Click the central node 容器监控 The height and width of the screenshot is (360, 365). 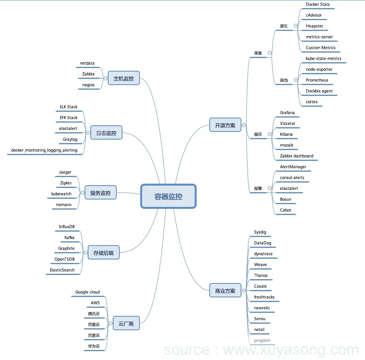coord(168,196)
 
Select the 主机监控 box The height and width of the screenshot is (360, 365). coord(124,78)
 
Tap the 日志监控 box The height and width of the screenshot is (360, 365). coord(106,133)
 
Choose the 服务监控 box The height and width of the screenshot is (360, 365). coord(100,193)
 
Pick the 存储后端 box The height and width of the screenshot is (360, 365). coord(104,253)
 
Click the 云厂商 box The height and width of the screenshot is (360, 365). coord(126,324)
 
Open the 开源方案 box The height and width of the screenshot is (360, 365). coord(225,125)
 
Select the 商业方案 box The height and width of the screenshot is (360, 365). coord(225,291)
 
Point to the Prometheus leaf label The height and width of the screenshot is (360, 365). coord(317,80)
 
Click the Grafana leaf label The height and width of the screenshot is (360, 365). coord(287,113)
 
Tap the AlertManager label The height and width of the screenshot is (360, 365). coord(293,167)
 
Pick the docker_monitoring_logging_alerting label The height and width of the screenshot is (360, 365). coord(44,150)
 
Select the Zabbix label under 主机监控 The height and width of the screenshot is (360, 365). coord(88,74)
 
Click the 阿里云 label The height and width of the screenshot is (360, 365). coord(94,324)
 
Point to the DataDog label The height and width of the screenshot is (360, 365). coord(263,243)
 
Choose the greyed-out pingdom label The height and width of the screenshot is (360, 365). coord(262,341)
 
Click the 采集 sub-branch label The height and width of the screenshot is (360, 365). coord(258,53)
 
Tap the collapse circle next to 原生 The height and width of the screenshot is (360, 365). coord(295,26)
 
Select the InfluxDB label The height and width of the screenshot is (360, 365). coord(67,227)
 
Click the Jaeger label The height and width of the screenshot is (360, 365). coord(65,172)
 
